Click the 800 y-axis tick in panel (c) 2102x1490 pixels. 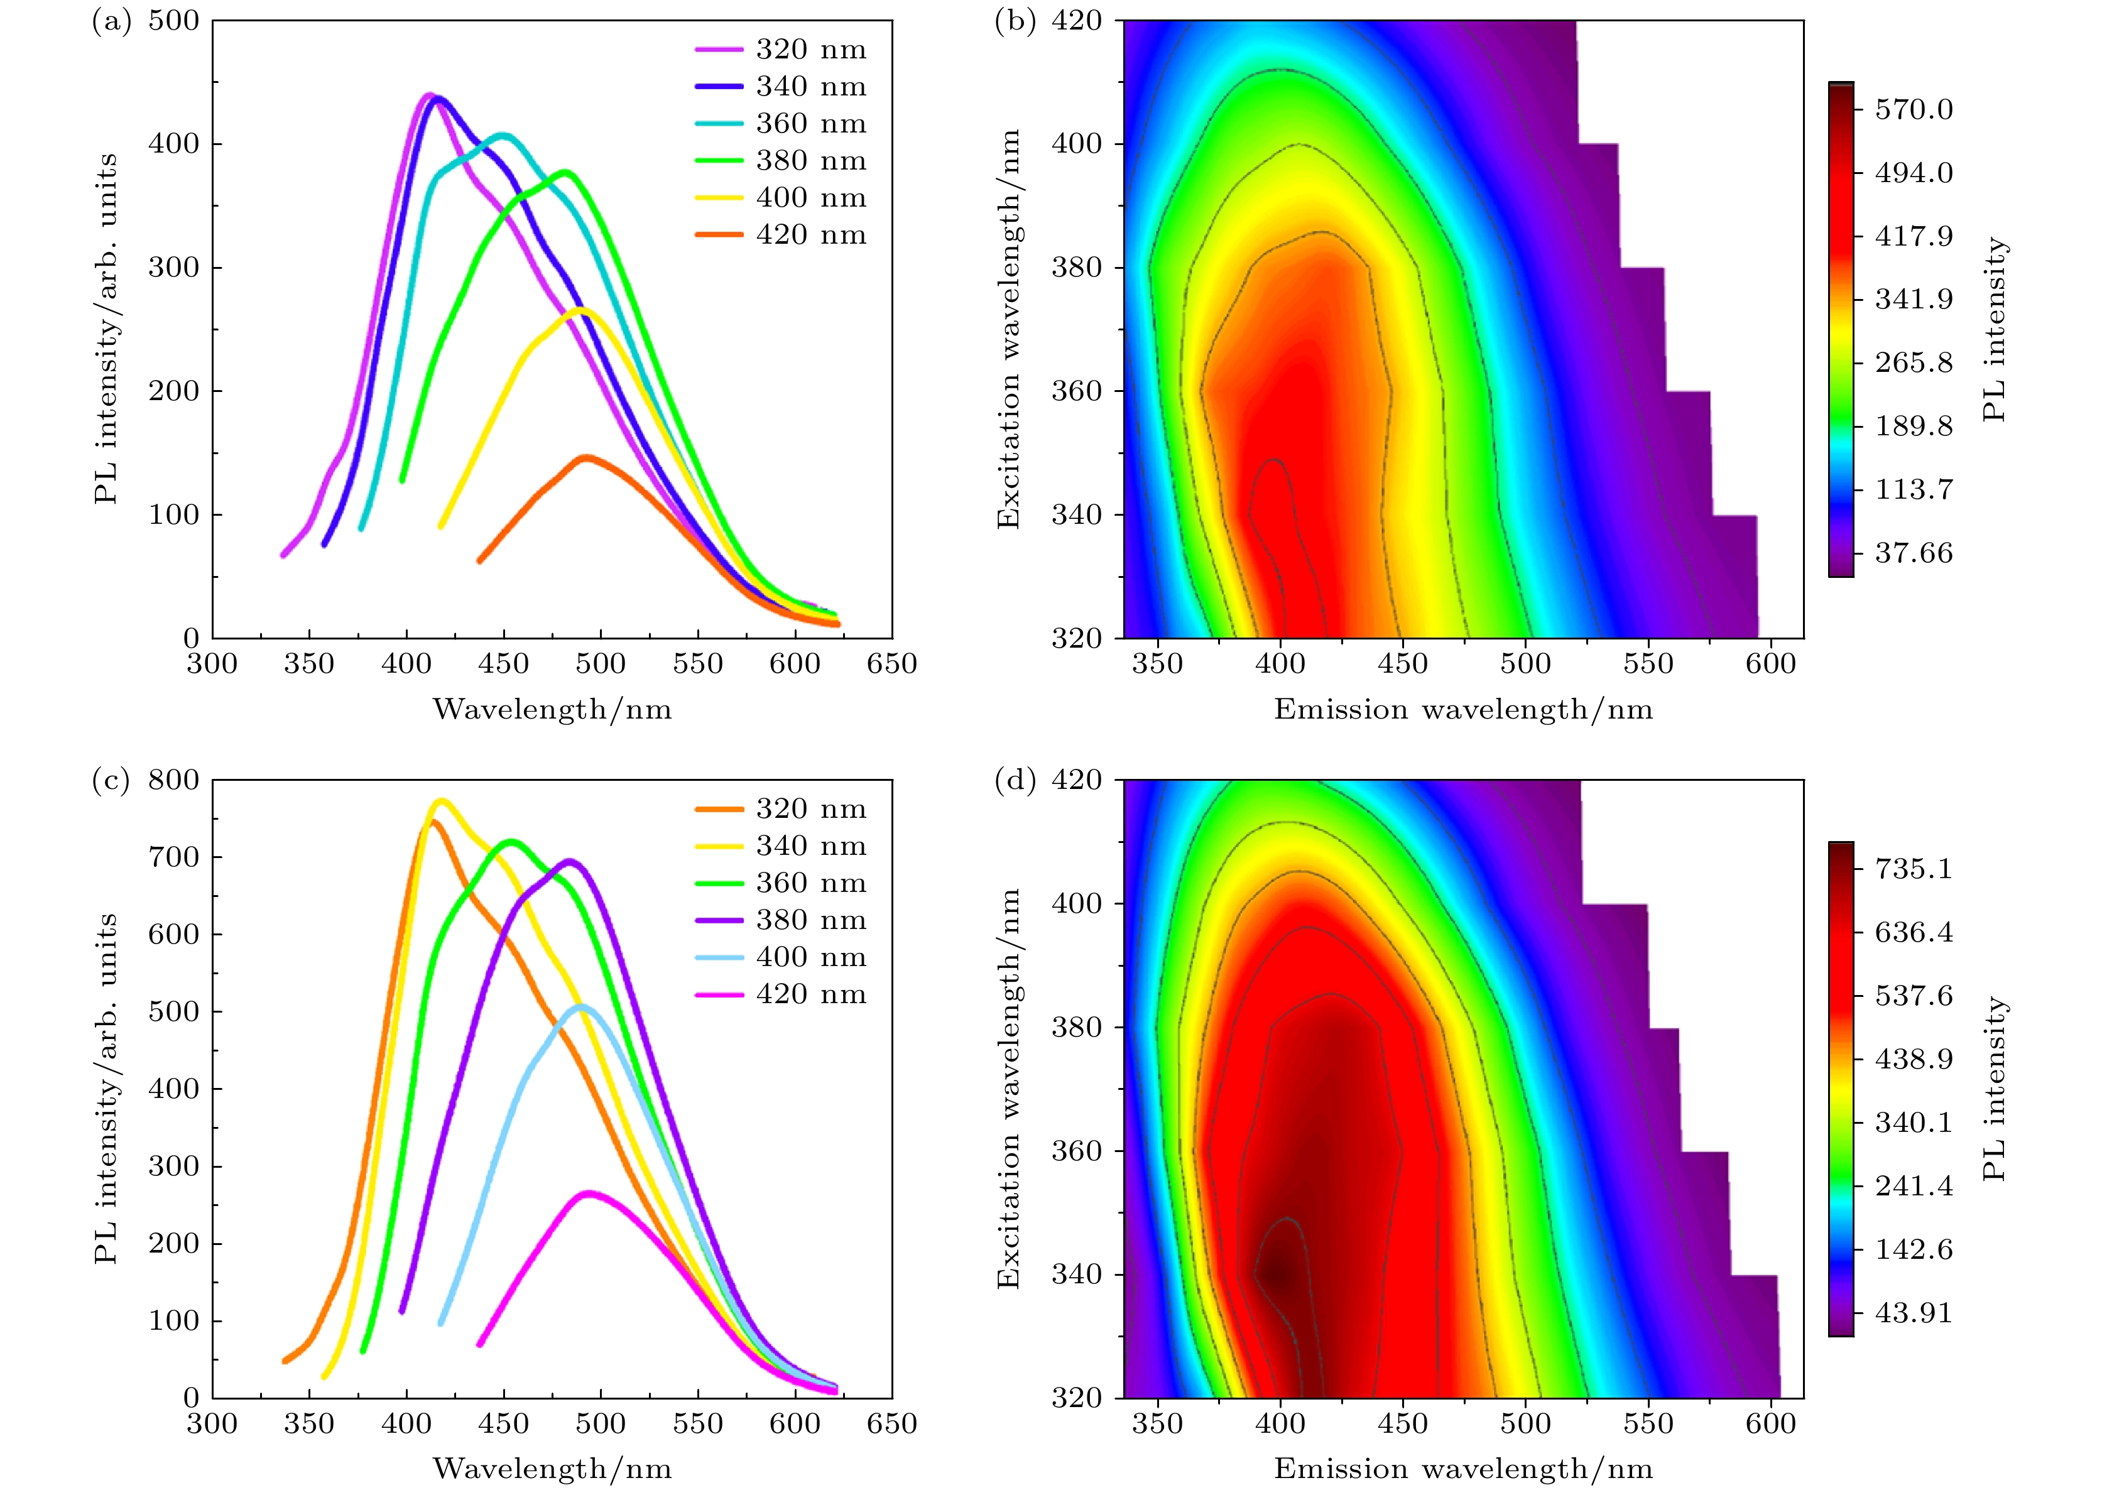(173, 780)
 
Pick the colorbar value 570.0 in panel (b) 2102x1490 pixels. (1913, 110)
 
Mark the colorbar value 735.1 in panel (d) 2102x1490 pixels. (1913, 869)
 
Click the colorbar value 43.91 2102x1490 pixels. (1913, 1313)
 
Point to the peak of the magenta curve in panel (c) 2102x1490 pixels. (589, 1193)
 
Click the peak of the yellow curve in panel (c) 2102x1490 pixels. (441, 801)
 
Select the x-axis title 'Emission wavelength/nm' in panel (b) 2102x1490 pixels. (1462, 709)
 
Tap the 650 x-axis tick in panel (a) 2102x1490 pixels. (891, 664)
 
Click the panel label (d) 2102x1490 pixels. (1015, 780)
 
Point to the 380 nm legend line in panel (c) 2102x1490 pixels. (719, 920)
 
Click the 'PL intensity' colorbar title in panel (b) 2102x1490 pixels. (1994, 329)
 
